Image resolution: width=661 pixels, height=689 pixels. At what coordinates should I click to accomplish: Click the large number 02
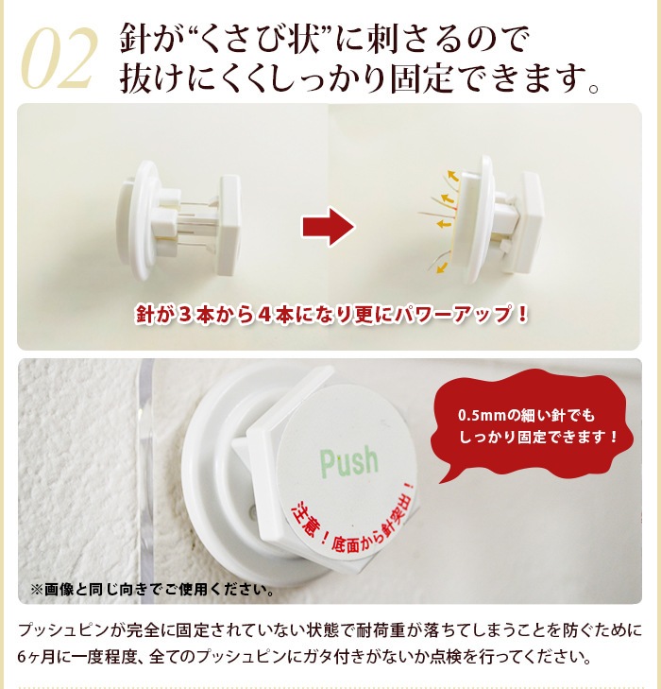click(x=59, y=58)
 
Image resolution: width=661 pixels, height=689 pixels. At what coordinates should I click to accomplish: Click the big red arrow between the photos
click(x=329, y=227)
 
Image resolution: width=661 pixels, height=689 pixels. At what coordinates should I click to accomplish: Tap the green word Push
click(x=349, y=462)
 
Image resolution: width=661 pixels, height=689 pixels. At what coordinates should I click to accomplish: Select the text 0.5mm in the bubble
click(x=482, y=415)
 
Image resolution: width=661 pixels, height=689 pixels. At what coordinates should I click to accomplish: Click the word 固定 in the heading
click(x=421, y=79)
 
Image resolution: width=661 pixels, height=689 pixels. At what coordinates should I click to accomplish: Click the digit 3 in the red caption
click(x=185, y=314)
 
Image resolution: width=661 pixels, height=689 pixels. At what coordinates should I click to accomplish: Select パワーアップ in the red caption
click(x=453, y=314)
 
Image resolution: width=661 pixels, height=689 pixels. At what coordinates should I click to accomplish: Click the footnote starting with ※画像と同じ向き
click(x=152, y=589)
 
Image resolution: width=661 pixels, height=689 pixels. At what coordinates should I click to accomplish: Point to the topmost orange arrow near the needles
click(x=453, y=176)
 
